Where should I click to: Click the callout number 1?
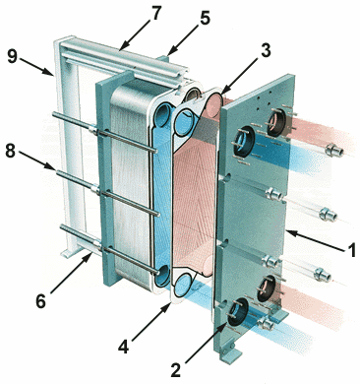[x=350, y=250]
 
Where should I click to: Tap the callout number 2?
[x=176, y=369]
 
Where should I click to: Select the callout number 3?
[x=265, y=50]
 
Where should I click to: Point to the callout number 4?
[x=123, y=347]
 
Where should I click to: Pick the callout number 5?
[x=205, y=19]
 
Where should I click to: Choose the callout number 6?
[x=40, y=301]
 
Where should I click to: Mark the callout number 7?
[x=155, y=13]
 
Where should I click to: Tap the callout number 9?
[x=13, y=57]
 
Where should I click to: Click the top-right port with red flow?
[x=276, y=122]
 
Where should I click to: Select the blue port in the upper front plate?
[x=244, y=141]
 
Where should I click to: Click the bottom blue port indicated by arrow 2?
[x=237, y=312]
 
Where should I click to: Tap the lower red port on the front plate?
[x=267, y=288]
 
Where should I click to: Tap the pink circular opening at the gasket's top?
[x=214, y=104]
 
